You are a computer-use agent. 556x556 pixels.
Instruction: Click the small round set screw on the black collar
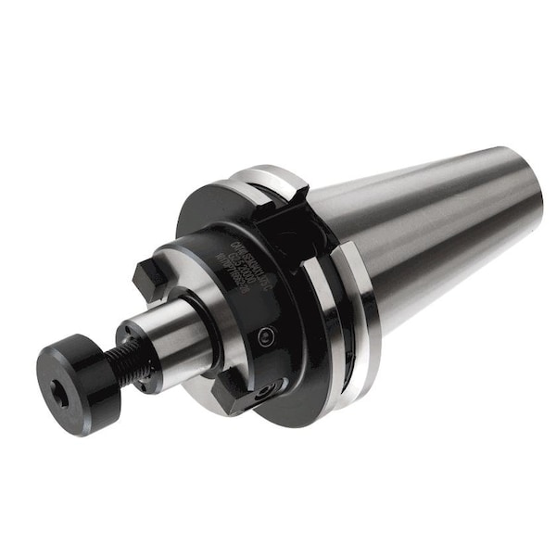pyautogui.click(x=268, y=335)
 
